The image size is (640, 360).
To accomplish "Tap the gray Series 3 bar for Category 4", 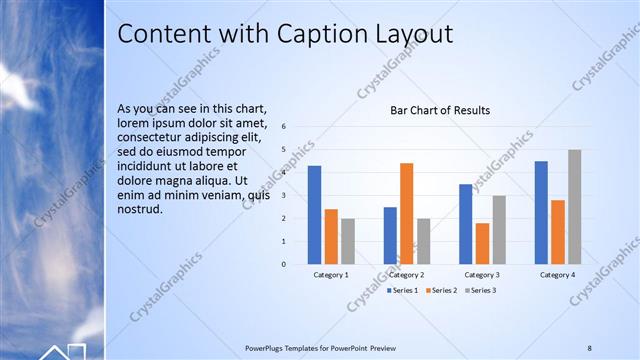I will point(574,207).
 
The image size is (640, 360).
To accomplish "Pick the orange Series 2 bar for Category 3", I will point(482,243).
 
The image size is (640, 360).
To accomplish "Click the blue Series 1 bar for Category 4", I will point(541,212).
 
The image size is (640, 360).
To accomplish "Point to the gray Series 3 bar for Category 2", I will point(423,241).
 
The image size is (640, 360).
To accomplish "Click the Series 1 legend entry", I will point(403,290).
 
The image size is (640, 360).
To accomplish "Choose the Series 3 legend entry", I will point(481,290).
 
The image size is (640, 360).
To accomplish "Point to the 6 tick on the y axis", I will point(284,127).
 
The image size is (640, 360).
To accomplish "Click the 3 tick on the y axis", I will point(284,196).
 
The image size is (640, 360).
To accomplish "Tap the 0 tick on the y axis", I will point(284,264).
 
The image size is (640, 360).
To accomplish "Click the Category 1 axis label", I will point(331,274).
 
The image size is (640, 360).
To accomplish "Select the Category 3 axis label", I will point(482,274).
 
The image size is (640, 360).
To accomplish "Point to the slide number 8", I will point(589,348).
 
